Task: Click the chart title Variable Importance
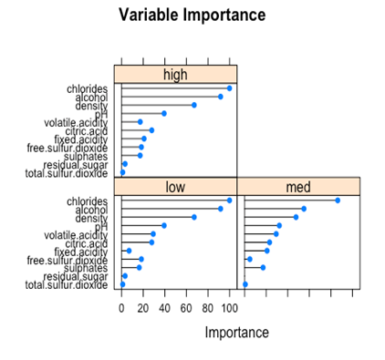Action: click(x=192, y=15)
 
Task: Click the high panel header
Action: click(x=175, y=74)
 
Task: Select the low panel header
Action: click(x=175, y=187)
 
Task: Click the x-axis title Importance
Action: click(x=237, y=333)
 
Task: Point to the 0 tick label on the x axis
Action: click(x=122, y=307)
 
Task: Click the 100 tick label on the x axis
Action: click(x=229, y=307)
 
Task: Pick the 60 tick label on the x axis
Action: click(x=186, y=307)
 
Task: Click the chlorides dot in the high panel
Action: click(x=229, y=88)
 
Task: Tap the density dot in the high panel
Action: click(x=193, y=105)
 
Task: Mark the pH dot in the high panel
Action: click(x=164, y=113)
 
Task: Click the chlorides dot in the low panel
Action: click(x=229, y=201)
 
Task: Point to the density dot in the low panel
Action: click(x=193, y=217)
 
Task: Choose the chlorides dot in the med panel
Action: click(x=338, y=201)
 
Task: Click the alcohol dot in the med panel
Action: click(x=304, y=209)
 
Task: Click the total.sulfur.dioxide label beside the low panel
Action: click(x=67, y=284)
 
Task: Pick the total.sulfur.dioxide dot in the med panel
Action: click(x=245, y=284)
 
